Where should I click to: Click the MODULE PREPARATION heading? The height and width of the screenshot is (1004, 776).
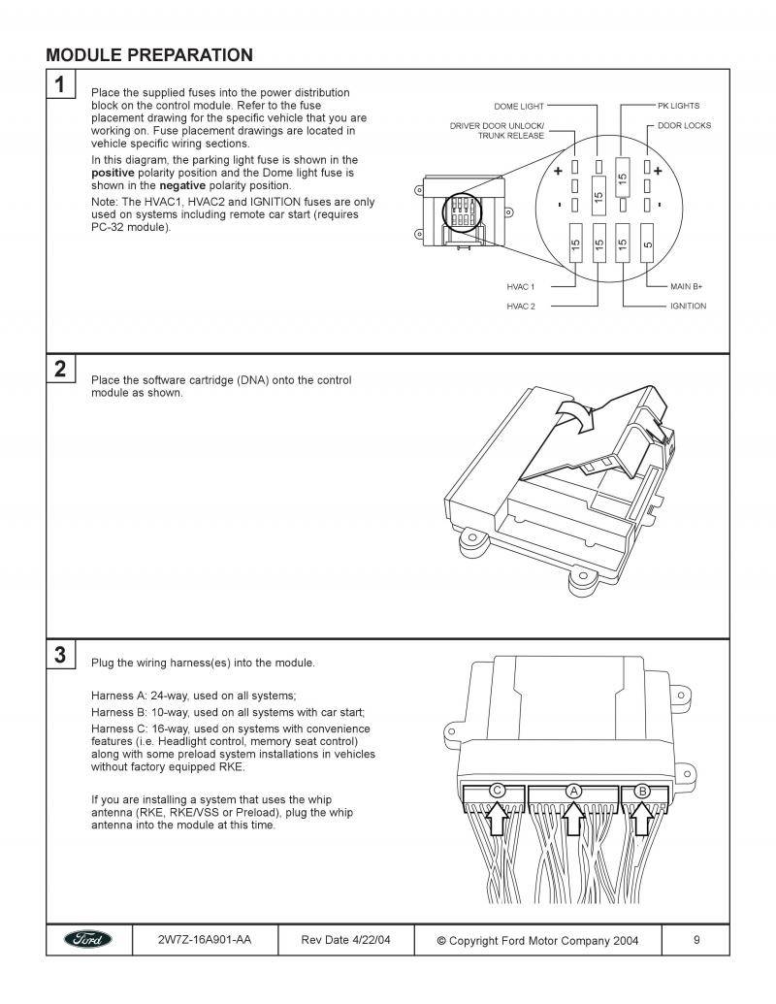point(149,55)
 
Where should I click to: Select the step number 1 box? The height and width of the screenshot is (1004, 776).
point(60,85)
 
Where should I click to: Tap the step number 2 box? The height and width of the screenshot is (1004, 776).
point(60,369)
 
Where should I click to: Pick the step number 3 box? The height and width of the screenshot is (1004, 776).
point(60,655)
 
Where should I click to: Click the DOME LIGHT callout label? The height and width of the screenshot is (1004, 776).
point(519,106)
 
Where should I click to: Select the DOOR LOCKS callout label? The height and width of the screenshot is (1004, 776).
point(684,125)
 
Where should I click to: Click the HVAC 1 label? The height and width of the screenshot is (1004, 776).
point(520,287)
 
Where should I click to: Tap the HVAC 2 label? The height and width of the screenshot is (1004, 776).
point(520,306)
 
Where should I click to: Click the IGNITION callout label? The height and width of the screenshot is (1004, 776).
point(688,306)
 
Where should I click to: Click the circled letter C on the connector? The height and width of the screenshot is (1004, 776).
point(497,791)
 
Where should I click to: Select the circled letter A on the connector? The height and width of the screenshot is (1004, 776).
point(573,791)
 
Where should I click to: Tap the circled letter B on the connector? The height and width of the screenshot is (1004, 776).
point(641,791)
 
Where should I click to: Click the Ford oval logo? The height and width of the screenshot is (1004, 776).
point(87,940)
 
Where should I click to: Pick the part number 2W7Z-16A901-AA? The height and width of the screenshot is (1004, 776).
point(204,940)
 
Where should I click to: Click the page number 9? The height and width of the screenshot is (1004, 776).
point(697,940)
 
